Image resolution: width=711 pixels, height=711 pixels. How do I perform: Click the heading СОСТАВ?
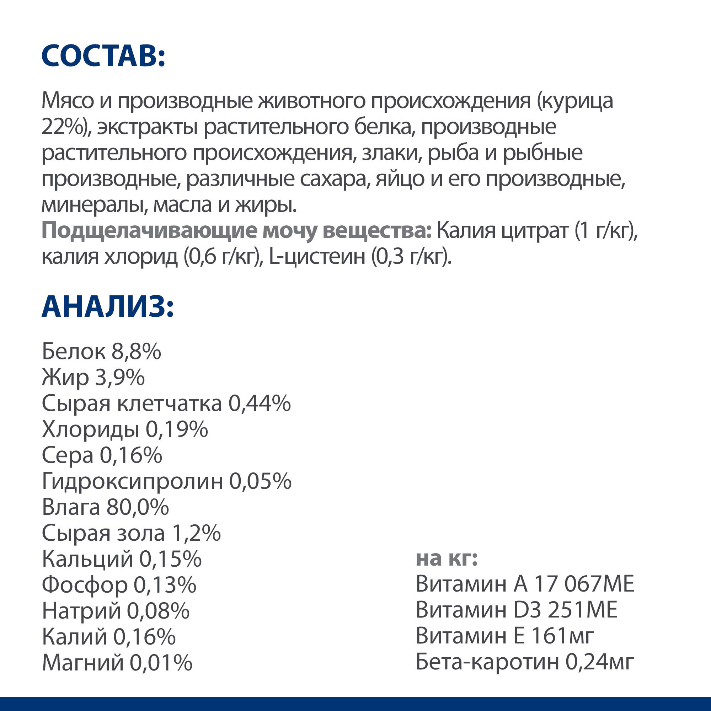tap(103, 56)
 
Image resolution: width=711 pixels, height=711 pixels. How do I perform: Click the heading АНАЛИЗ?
tap(107, 306)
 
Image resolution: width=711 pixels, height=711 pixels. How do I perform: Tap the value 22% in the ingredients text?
tap(63, 127)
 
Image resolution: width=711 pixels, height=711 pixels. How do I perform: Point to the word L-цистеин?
tap(317, 257)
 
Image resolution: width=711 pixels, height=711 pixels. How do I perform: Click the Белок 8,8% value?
tap(136, 352)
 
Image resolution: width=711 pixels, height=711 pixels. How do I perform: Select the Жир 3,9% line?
tap(93, 377)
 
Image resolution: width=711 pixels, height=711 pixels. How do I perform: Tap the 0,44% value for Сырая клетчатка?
tap(260, 403)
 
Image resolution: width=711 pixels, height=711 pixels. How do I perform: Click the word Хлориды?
tap(91, 429)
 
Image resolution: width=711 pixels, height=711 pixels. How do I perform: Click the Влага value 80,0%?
tap(137, 507)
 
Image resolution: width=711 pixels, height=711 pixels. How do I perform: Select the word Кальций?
tap(87, 559)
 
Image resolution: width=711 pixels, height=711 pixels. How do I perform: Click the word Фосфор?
tap(85, 585)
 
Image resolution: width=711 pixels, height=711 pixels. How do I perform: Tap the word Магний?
tap(83, 663)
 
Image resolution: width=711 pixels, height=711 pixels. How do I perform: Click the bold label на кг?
tap(447, 558)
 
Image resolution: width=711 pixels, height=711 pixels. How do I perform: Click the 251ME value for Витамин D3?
tap(583, 610)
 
